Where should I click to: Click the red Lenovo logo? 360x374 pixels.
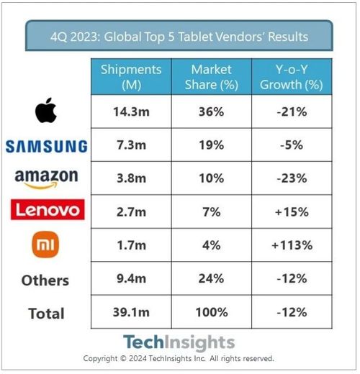[x=46, y=211]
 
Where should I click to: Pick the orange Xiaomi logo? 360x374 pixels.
[x=46, y=245]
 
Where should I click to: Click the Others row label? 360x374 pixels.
[x=46, y=280]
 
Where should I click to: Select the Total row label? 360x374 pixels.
[x=46, y=313]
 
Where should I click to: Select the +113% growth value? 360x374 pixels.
[x=292, y=245]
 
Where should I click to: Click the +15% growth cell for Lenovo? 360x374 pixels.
[x=292, y=212]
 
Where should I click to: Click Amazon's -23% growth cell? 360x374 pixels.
[x=292, y=179]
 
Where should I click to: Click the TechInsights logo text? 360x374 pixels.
[x=179, y=341]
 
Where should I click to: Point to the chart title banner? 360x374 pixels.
[x=178, y=36]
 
